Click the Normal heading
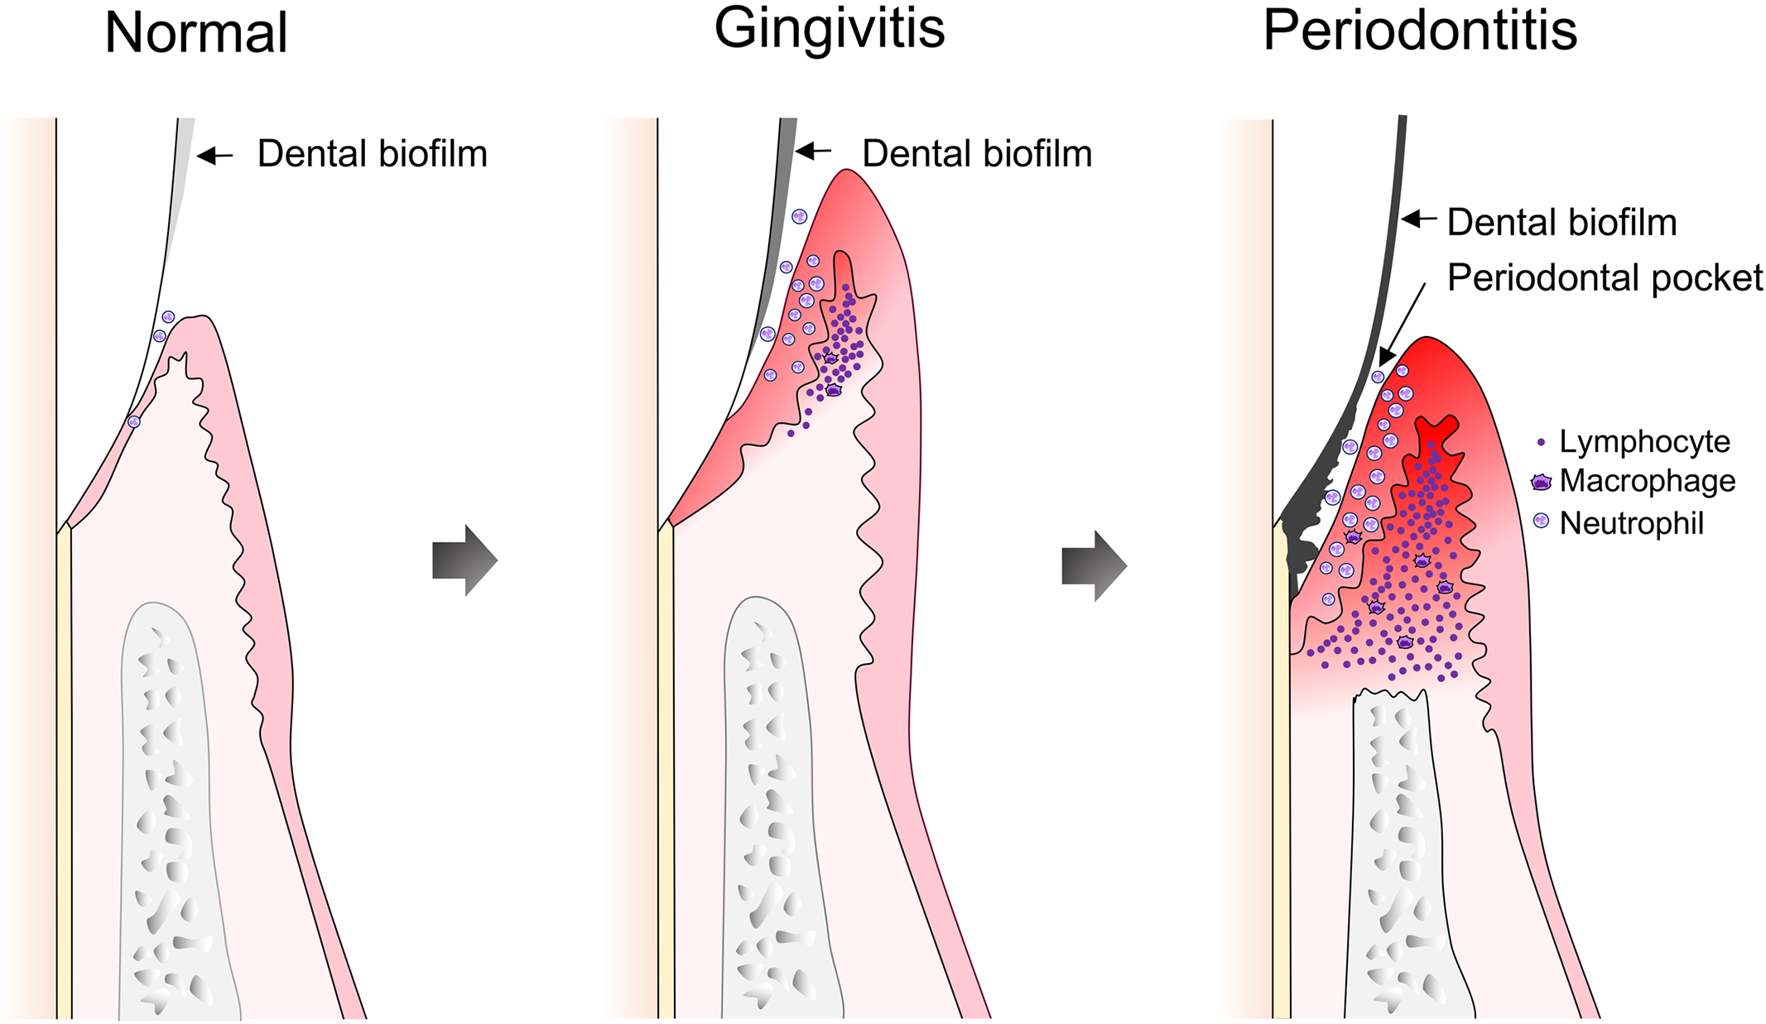(x=196, y=34)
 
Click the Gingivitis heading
(x=829, y=29)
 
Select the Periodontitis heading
(x=1419, y=31)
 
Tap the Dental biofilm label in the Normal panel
(x=372, y=154)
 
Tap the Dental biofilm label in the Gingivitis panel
(x=977, y=154)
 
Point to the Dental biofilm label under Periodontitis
(x=1561, y=223)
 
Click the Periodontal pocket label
(x=1605, y=278)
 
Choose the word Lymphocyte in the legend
(x=1644, y=442)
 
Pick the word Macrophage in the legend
(x=1648, y=481)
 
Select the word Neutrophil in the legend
(x=1632, y=524)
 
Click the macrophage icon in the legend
(x=1541, y=483)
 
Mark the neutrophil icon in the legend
(x=1541, y=521)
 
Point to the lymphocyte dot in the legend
(x=1541, y=443)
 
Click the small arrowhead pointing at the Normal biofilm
(x=205, y=155)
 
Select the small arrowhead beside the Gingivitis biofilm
(x=804, y=151)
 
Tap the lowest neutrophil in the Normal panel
(x=134, y=421)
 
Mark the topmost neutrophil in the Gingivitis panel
(x=799, y=217)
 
